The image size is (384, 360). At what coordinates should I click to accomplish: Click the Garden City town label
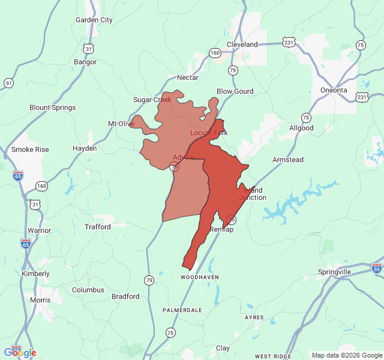click(x=94, y=20)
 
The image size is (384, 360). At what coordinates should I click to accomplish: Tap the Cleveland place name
click(x=242, y=44)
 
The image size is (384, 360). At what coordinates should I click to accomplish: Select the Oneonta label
click(x=333, y=90)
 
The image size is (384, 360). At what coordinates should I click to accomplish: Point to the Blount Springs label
click(x=53, y=107)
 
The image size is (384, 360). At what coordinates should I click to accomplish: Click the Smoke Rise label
click(x=30, y=149)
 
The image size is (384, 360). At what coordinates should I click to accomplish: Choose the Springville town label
click(x=334, y=272)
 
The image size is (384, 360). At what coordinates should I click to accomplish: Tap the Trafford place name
click(x=98, y=227)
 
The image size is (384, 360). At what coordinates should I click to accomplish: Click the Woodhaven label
click(x=200, y=278)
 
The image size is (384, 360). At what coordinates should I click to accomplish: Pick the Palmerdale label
click(x=182, y=310)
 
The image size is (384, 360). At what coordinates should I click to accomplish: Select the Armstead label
click(x=288, y=160)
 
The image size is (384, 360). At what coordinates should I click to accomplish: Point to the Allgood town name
click(x=301, y=128)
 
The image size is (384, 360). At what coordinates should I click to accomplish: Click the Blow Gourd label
click(x=235, y=91)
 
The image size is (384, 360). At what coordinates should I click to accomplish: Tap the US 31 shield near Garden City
click(x=88, y=48)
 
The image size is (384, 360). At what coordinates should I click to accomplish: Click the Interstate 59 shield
click(x=377, y=268)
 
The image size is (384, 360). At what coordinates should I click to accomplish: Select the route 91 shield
click(x=8, y=83)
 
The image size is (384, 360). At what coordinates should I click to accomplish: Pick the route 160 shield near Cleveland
click(x=215, y=53)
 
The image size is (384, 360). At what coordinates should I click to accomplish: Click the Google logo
click(x=20, y=352)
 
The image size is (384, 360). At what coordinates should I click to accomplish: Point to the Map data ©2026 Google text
click(x=346, y=355)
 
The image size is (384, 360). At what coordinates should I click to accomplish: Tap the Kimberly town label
click(x=35, y=274)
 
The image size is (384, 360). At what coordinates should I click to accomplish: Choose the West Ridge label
click(x=273, y=356)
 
